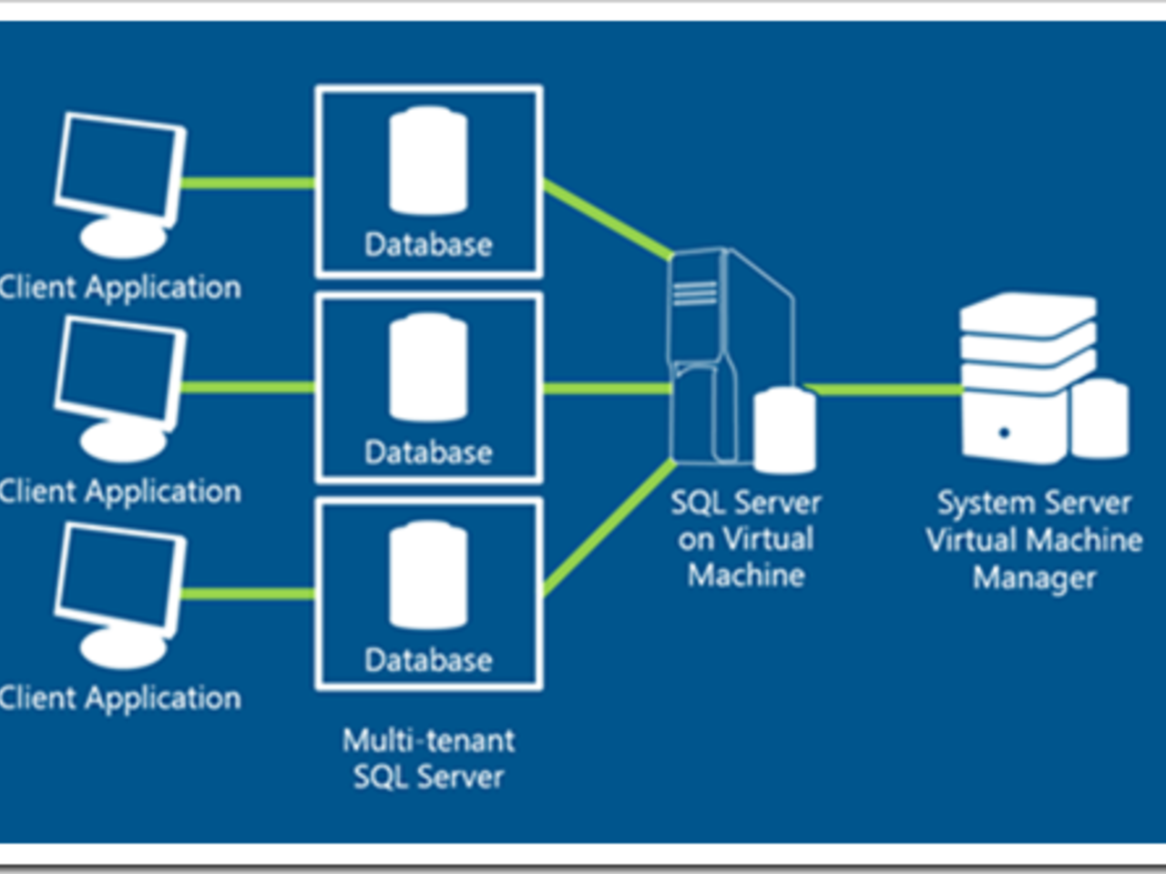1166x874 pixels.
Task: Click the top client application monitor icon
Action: (119, 182)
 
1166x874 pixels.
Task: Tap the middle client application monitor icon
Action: (119, 387)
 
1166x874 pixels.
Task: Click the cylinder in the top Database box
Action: (428, 162)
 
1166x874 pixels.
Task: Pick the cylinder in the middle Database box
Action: (428, 368)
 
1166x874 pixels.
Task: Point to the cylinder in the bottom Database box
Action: (428, 575)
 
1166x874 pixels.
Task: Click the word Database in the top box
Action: (428, 244)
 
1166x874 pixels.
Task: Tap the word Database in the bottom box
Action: (428, 659)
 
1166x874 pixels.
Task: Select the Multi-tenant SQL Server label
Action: (428, 758)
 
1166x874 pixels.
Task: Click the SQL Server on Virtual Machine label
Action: (746, 538)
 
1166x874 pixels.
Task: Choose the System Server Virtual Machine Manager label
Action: (1034, 540)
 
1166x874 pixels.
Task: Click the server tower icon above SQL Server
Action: (720, 355)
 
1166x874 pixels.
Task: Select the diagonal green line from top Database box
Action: (606, 218)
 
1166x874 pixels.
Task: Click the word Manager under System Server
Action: (1034, 577)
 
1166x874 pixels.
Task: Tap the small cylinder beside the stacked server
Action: (1100, 419)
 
